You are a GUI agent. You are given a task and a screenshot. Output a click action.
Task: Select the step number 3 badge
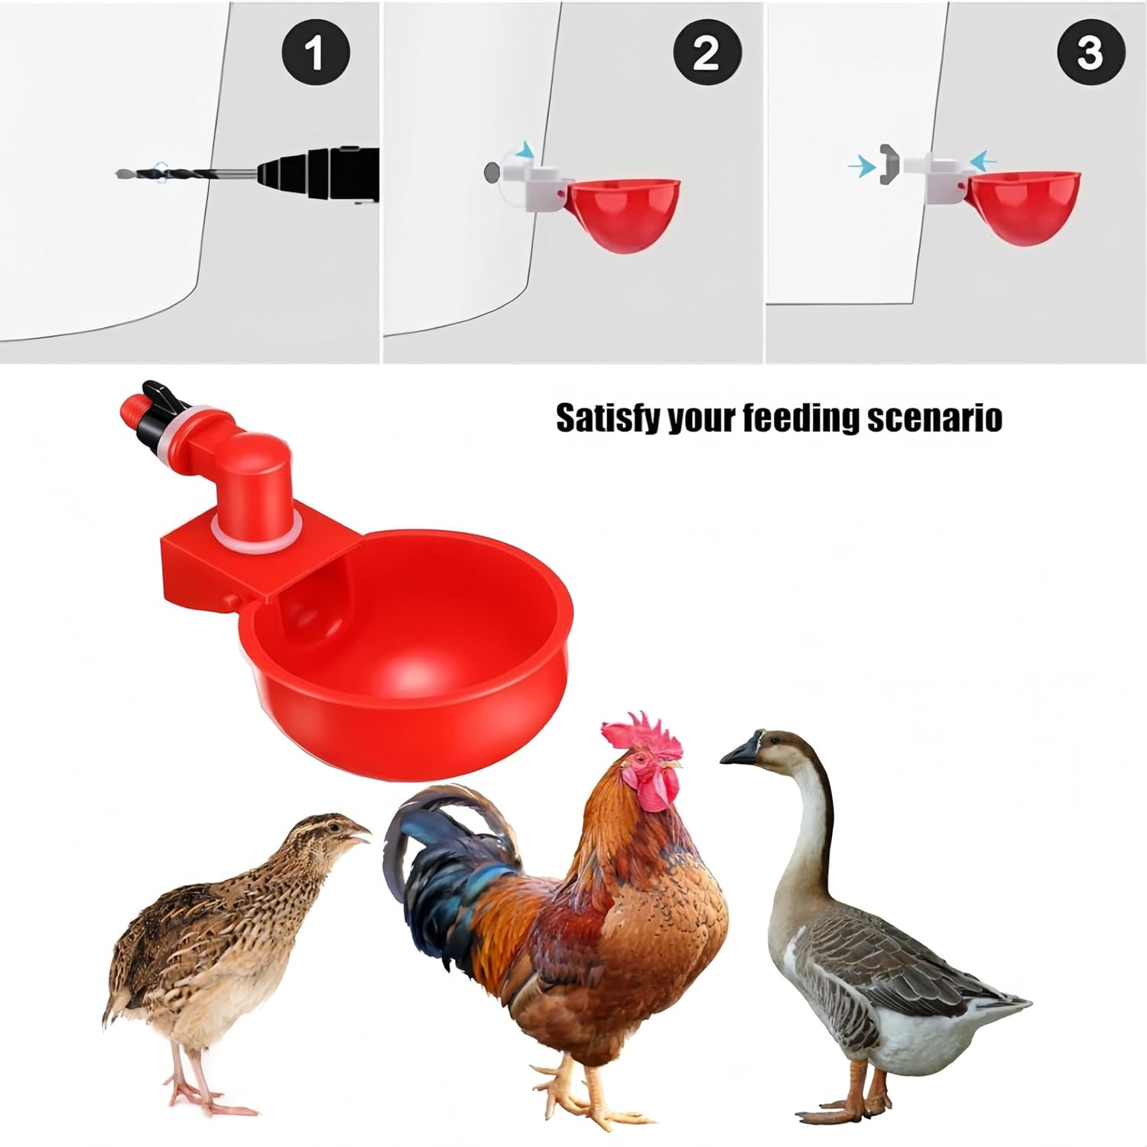1089,51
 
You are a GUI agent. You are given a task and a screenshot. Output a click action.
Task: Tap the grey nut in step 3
887,163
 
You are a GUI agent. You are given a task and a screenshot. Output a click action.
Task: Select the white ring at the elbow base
252,529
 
